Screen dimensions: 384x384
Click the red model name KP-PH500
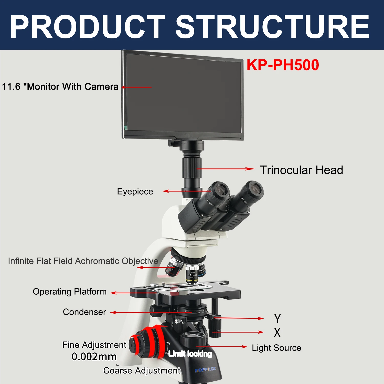point(283,65)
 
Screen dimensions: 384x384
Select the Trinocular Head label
point(301,170)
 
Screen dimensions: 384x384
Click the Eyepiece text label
point(135,191)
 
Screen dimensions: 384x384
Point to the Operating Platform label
point(70,292)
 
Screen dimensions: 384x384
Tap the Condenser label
point(84,312)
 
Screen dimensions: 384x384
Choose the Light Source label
point(276,348)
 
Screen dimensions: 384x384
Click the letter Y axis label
point(277,319)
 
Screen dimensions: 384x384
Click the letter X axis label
point(277,333)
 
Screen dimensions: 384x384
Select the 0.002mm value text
point(94,357)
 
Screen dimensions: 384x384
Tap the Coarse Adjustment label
point(142,370)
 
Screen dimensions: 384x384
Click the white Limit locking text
point(190,354)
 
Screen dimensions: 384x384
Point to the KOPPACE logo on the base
point(205,369)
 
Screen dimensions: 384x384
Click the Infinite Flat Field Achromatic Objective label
point(83,261)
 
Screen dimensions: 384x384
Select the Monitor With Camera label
point(60,87)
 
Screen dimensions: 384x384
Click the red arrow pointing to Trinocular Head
point(225,169)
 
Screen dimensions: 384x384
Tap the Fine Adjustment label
point(94,345)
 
